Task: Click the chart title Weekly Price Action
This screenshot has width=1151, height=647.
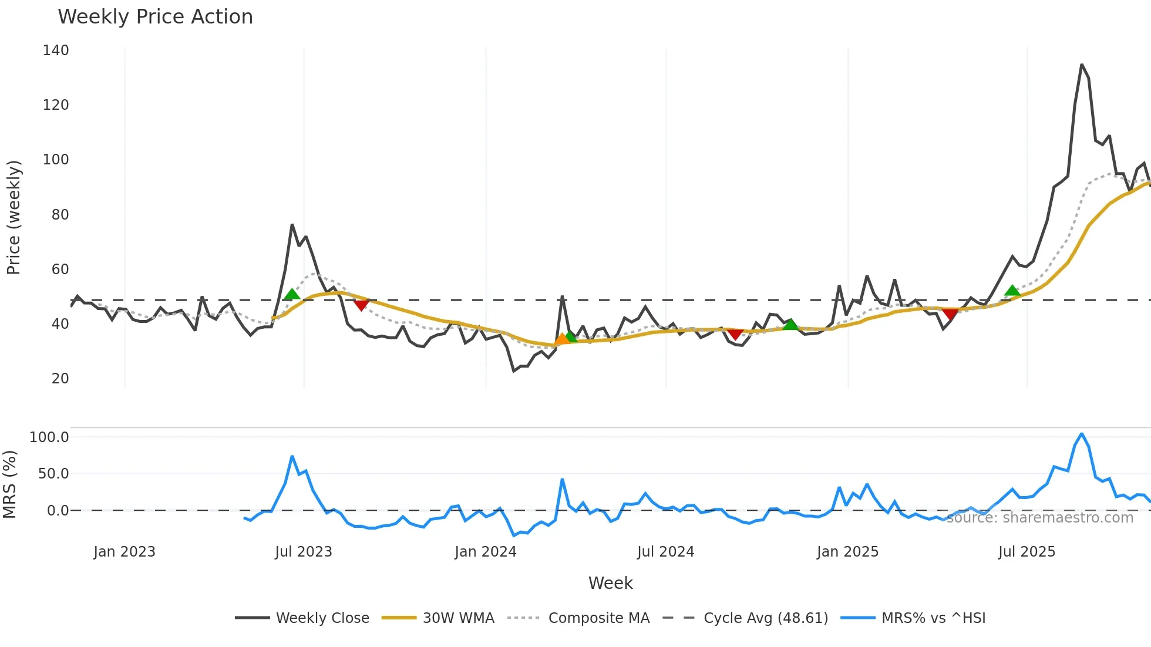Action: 155,17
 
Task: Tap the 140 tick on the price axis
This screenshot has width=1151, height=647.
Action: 56,50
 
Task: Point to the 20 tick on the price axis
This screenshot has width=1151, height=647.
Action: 60,379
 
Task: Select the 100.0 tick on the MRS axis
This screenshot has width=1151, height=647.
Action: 49,437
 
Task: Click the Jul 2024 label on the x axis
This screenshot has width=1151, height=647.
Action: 665,552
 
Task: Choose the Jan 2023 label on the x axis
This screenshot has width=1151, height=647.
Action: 124,552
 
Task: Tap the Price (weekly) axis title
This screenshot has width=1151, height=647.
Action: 14,217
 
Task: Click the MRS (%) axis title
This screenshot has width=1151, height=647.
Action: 9,484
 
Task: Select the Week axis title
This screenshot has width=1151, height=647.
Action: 610,583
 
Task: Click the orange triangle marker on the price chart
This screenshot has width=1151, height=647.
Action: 562,339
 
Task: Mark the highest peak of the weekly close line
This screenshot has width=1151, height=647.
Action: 1082,65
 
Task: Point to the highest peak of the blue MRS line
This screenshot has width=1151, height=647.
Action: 1082,434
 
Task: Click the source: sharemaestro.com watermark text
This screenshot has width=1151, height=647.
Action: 1039,518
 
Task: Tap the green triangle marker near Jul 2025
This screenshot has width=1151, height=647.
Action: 1012,291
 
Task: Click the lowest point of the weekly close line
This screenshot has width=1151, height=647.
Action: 514,371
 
